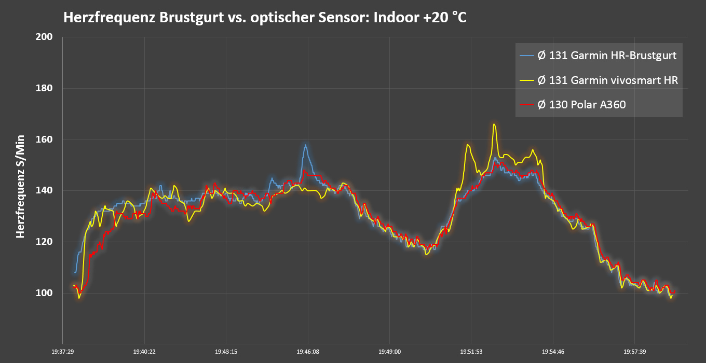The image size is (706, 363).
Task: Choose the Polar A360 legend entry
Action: pos(581,105)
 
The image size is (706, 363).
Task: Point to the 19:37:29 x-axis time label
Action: pos(63,352)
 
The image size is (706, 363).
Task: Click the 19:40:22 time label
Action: pos(144,352)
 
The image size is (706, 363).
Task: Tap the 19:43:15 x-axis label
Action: pos(226,352)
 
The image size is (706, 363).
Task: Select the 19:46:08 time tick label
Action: pos(308,352)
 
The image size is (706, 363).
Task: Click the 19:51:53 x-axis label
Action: pos(471,352)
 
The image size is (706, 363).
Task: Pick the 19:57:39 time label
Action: pos(635,352)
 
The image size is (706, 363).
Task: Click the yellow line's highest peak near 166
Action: pos(494,124)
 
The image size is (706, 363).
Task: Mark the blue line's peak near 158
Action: pos(306,145)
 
